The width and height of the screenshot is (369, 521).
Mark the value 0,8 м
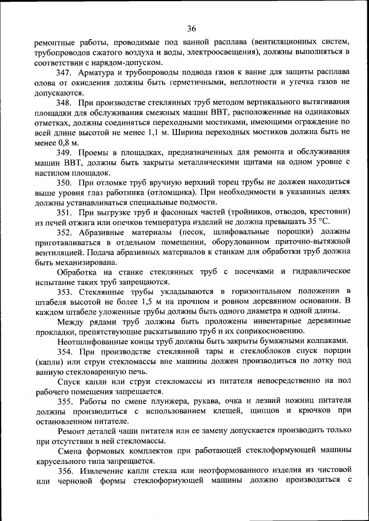coord(68,142)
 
